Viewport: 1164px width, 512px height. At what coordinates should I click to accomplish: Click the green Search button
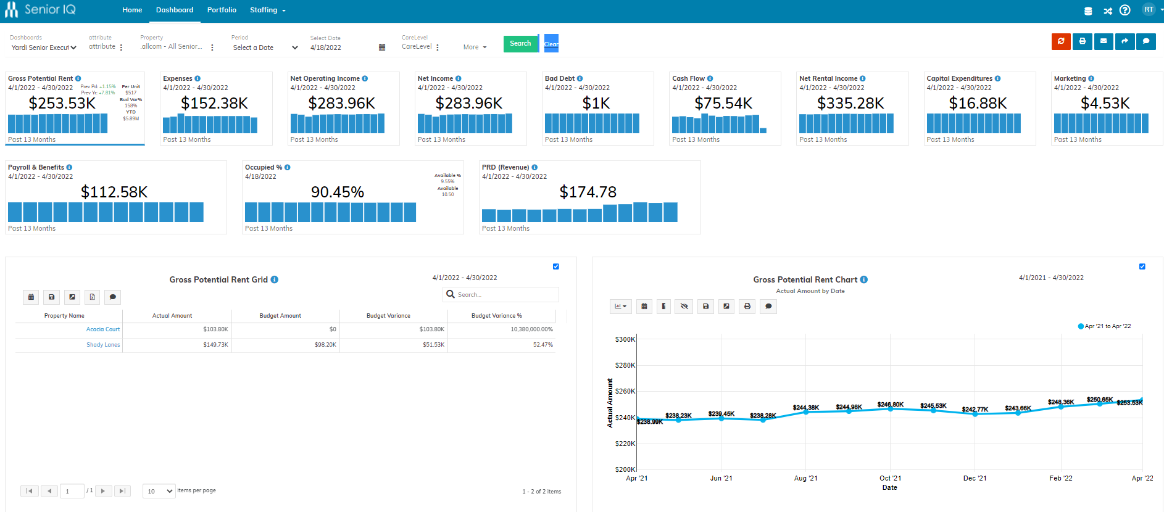point(520,43)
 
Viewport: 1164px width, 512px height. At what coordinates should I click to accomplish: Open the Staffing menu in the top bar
point(267,10)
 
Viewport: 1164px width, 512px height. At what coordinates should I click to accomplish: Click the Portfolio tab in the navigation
point(222,10)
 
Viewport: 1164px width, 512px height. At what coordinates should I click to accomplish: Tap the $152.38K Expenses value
point(214,103)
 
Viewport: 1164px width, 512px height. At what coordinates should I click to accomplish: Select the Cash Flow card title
point(688,78)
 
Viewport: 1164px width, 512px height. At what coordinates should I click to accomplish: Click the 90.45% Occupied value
point(337,192)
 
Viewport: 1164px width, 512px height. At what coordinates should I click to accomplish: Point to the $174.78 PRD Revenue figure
point(588,192)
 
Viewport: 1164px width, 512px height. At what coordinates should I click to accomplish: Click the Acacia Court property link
point(103,329)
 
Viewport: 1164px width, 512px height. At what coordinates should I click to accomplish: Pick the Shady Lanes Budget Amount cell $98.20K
point(325,345)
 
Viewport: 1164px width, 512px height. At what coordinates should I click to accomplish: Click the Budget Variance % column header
point(496,316)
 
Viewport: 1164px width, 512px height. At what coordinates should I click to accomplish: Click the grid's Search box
point(506,294)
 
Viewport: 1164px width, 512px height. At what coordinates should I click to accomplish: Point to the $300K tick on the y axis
point(625,339)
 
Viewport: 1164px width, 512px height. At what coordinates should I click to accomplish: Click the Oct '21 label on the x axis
point(890,478)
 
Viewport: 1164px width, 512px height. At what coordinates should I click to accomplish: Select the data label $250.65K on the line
point(1099,400)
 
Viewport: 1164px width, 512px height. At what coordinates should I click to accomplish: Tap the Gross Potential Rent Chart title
point(805,279)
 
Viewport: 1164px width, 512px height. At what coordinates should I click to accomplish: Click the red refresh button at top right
point(1061,41)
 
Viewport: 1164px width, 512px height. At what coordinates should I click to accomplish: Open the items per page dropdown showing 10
point(159,491)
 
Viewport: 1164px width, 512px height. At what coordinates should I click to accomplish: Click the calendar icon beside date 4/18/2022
point(382,47)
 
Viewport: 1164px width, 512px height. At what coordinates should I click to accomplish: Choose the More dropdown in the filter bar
point(475,47)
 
